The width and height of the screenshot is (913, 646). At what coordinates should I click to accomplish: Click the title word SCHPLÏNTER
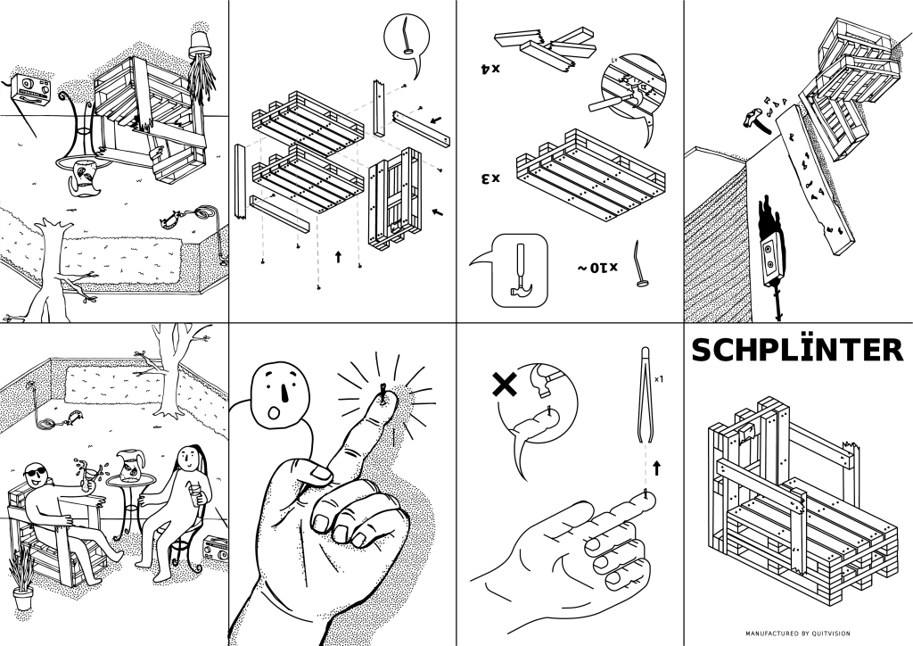797,351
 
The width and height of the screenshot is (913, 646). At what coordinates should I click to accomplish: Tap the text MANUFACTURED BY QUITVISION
797,634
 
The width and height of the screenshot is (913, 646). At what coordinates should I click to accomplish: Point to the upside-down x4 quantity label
489,67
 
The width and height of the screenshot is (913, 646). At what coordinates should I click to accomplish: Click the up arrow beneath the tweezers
658,466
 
